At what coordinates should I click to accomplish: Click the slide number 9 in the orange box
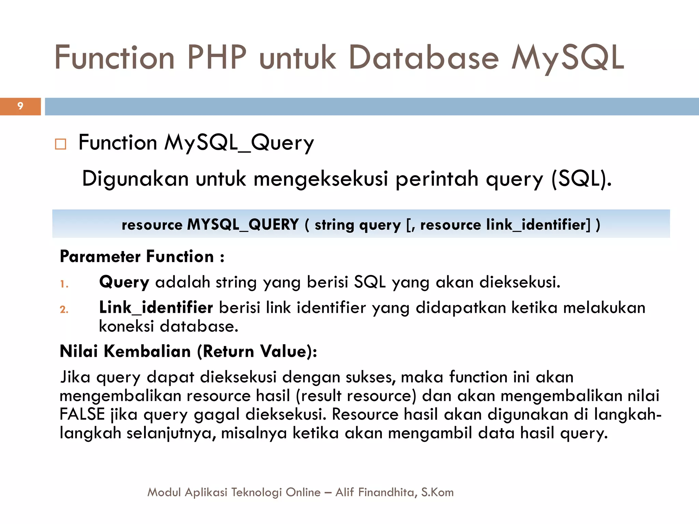(x=20, y=106)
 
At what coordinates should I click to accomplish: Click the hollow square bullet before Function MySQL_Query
(x=60, y=144)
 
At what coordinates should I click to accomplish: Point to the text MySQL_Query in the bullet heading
(x=239, y=143)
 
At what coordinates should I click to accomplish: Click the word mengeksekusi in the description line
(x=321, y=179)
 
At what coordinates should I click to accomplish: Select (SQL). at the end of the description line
(x=581, y=179)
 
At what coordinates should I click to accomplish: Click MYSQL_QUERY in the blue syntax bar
(x=243, y=224)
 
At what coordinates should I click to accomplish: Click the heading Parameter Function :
(x=142, y=257)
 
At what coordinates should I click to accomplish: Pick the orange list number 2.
(x=64, y=309)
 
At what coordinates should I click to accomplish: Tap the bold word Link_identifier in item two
(x=156, y=308)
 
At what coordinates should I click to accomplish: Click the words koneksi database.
(x=168, y=326)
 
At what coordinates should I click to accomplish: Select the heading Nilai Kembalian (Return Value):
(x=188, y=351)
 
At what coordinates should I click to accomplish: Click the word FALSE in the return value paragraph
(x=82, y=414)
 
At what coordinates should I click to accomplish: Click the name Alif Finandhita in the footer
(x=375, y=492)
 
